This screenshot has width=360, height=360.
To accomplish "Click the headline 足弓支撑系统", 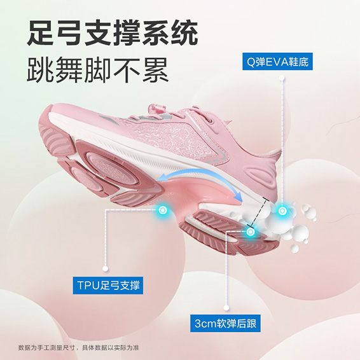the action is [x=113, y=32].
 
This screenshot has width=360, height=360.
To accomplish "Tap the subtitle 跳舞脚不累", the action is [x=98, y=69].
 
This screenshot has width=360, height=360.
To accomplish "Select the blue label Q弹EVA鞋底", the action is [x=277, y=62].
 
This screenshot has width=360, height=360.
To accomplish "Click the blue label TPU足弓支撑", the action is [x=108, y=286].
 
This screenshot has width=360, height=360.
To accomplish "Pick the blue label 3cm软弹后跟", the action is [x=225, y=323].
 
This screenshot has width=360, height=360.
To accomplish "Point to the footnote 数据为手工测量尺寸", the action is [x=46, y=348].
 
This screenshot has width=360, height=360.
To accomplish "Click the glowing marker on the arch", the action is [x=163, y=210].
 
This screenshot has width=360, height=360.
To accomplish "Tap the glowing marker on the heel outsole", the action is [x=250, y=232].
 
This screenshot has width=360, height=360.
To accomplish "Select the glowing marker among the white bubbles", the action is [x=282, y=211].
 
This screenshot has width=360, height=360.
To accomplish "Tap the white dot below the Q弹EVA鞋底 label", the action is [x=282, y=78].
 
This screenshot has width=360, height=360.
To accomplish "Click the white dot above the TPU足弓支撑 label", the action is [x=106, y=268].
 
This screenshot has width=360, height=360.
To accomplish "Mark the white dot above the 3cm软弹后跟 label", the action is [x=226, y=308].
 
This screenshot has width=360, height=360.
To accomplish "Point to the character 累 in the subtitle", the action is [x=156, y=69].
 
